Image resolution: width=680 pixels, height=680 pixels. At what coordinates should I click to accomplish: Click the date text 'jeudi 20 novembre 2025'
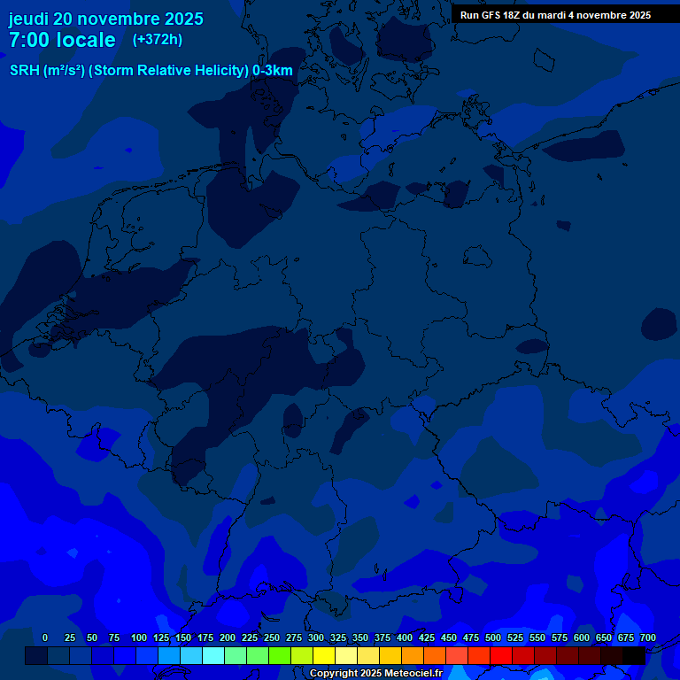tap(106, 19)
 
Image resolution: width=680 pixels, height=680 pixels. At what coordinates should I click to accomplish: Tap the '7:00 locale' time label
tap(62, 40)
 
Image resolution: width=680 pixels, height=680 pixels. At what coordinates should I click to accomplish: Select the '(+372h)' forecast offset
tap(158, 39)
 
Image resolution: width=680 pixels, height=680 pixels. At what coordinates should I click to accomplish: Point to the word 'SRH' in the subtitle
tap(25, 71)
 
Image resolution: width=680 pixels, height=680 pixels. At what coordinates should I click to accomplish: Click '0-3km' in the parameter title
tap(273, 71)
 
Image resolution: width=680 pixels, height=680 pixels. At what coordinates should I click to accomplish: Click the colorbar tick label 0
tap(45, 637)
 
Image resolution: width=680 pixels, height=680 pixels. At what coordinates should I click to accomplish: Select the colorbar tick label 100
tap(139, 637)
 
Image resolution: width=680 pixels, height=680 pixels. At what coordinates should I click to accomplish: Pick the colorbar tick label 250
tap(272, 637)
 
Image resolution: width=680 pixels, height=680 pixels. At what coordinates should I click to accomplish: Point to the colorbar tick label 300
tap(316, 637)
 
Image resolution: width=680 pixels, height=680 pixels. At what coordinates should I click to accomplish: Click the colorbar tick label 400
tap(405, 637)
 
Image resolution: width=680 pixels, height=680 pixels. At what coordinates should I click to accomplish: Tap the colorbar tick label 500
tap(493, 637)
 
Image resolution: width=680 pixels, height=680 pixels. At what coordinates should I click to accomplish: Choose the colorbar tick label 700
tap(647, 637)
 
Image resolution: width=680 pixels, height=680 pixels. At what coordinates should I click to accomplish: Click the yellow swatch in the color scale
tap(324, 655)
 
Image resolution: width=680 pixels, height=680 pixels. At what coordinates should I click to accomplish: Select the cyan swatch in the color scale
tap(213, 655)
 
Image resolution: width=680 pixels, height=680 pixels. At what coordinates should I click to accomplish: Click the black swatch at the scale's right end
tap(634, 655)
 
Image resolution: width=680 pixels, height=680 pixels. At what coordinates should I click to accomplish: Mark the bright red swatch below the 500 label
tap(501, 655)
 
